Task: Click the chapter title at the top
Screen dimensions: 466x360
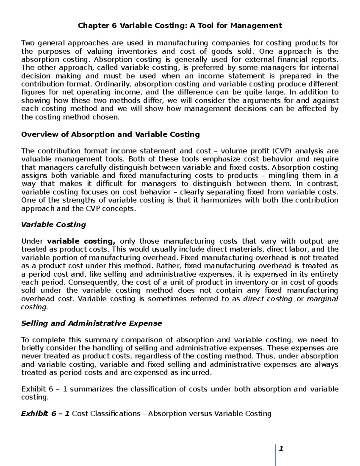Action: click(180, 26)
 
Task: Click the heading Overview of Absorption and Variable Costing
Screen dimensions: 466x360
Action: click(110, 134)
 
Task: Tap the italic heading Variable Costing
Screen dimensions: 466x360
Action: click(53, 225)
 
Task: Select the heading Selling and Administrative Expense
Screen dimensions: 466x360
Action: click(91, 323)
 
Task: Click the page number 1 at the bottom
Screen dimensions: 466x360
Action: click(281, 449)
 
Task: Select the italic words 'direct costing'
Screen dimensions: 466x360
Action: click(268, 299)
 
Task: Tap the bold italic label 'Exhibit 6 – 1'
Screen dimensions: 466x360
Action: click(45, 414)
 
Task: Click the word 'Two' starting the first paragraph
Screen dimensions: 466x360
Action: click(28, 43)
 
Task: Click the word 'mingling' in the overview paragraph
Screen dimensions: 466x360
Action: click(283, 176)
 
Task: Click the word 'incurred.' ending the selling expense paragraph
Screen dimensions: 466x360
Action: click(196, 373)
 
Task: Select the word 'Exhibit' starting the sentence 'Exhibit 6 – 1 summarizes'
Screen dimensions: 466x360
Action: click(33, 389)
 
